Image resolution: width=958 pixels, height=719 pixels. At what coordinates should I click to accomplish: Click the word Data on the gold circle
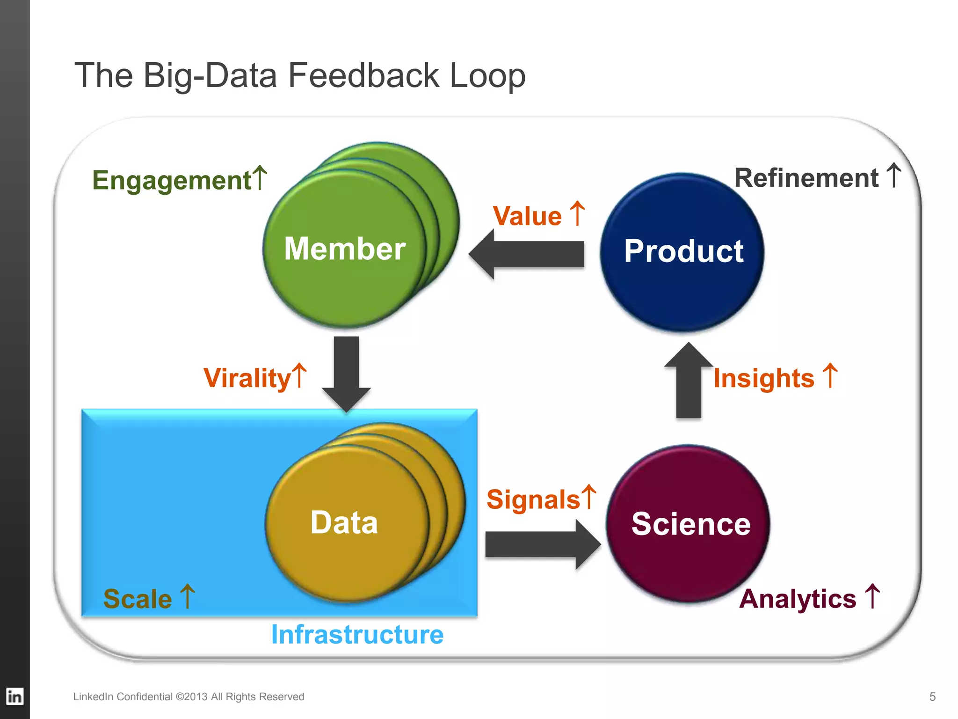click(x=344, y=522)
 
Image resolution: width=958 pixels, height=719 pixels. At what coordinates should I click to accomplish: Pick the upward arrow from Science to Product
click(x=689, y=381)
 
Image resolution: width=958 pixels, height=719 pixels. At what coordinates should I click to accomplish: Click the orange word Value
click(x=528, y=216)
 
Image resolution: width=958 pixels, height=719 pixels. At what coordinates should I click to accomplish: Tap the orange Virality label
click(x=248, y=378)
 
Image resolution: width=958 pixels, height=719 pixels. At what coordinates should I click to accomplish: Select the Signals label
click(x=533, y=499)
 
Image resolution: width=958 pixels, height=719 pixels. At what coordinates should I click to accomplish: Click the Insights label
click(x=764, y=378)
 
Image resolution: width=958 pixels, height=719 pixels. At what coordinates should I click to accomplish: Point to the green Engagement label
click(x=172, y=180)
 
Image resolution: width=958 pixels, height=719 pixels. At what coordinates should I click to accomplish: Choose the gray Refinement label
click(x=806, y=178)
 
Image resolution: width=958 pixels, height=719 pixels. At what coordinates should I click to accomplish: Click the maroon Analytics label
click(x=798, y=599)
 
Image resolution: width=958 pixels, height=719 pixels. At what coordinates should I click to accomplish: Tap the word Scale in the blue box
click(x=138, y=599)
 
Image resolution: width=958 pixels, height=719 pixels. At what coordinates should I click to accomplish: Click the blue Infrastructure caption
click(x=357, y=635)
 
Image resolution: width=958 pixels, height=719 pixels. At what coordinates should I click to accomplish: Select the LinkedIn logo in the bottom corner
click(x=15, y=697)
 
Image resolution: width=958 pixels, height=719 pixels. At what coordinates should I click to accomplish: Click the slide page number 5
click(x=932, y=697)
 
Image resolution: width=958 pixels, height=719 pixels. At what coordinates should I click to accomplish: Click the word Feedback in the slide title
click(x=364, y=75)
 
